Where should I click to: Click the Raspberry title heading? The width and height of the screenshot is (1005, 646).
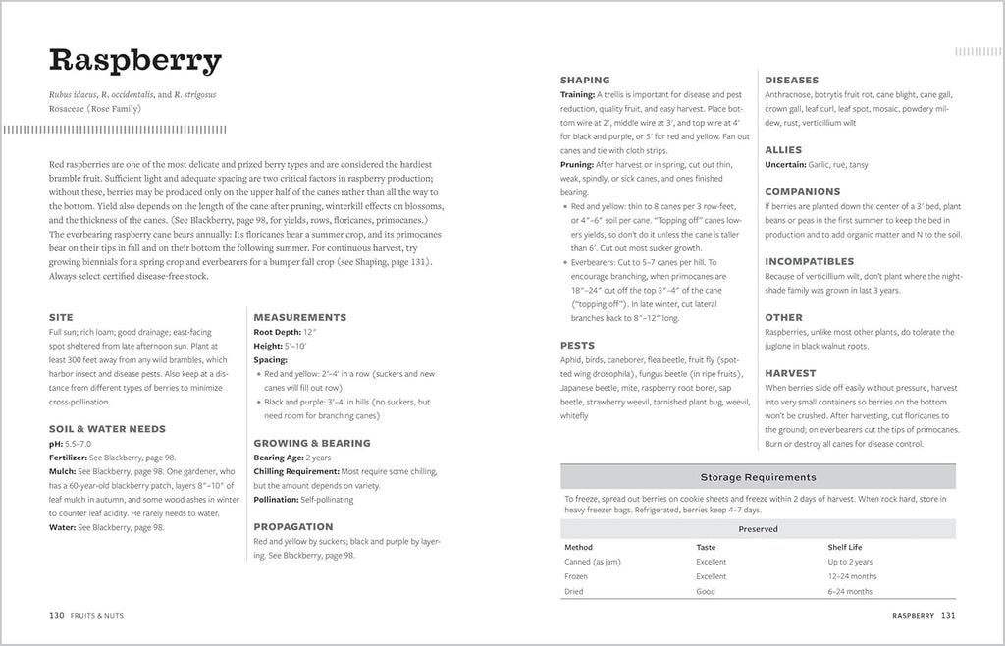coord(135,62)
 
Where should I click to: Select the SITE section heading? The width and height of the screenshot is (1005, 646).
coord(60,317)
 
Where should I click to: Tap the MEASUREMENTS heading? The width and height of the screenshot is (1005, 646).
coord(299,317)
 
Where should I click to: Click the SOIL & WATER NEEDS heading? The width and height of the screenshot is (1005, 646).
coord(107,429)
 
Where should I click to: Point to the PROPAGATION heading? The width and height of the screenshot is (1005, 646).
coord(294,526)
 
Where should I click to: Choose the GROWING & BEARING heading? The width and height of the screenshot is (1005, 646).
coord(313,443)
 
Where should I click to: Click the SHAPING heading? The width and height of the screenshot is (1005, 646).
coord(585,80)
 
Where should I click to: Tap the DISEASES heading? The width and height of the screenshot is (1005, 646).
coord(792,80)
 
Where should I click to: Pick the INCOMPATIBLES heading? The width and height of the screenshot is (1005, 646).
coord(810,262)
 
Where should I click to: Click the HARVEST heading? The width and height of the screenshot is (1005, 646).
coord(790,373)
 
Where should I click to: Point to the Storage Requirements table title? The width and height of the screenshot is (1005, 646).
coord(758,477)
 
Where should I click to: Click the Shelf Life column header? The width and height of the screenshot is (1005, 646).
coord(847,547)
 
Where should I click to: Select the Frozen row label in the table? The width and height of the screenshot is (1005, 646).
coord(576,576)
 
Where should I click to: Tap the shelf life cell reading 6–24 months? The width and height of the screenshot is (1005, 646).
coord(850,592)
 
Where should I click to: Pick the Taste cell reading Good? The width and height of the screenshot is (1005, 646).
coord(706,592)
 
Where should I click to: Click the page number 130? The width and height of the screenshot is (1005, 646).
coord(57,615)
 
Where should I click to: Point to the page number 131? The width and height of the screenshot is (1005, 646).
coord(948,615)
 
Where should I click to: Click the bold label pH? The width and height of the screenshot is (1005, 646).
coord(56,444)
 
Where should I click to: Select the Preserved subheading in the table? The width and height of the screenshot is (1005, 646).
coord(758,529)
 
